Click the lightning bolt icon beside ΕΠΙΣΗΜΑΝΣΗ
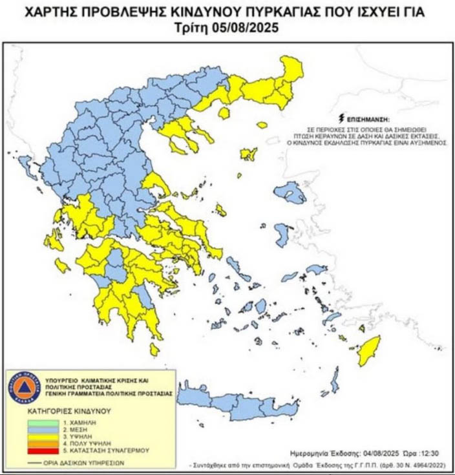pos(341,119)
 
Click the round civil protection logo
pos(24,388)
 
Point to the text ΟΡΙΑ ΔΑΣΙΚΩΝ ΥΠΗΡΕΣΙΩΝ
pos(84,463)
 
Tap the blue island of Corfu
pos(27,167)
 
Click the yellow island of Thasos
pos(224,114)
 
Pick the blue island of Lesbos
pos(290,192)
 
